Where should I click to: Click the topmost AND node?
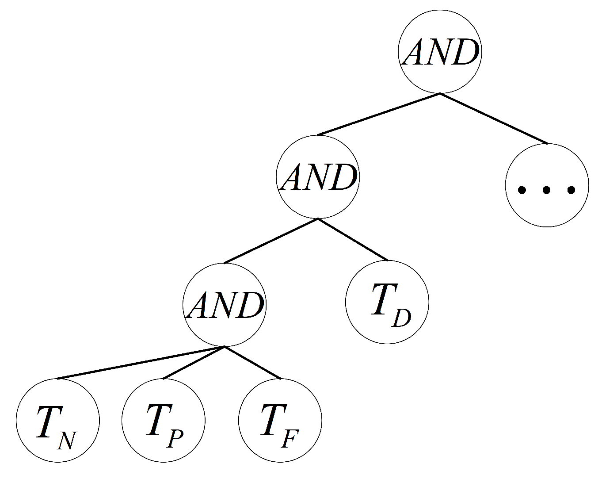[x=440, y=52]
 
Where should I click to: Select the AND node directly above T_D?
[x=318, y=177]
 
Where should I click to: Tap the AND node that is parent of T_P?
[x=225, y=304]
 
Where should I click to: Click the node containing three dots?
[x=547, y=185]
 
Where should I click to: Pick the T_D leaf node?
[x=387, y=303]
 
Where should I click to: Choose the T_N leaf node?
[x=58, y=420]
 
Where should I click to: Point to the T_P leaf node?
[x=164, y=420]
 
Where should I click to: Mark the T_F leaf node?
[x=280, y=420]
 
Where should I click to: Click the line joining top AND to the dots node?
[x=493, y=119]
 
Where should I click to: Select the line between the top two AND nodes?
[x=379, y=114]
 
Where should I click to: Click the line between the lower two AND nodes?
[x=271, y=241]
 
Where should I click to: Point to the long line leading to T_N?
[x=141, y=363]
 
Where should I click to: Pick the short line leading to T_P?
[x=194, y=363]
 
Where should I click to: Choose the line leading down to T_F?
[x=252, y=363]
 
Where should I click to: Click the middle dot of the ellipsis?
[x=547, y=190]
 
